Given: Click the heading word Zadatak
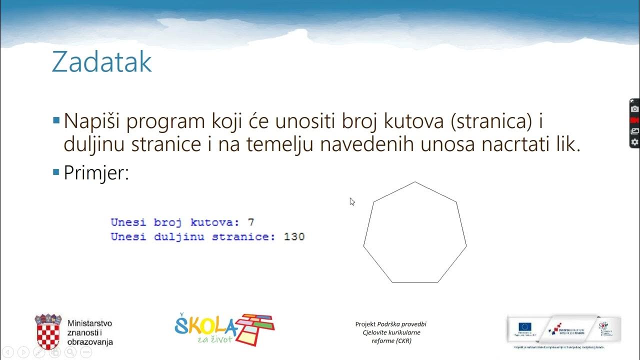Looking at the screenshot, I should point(101,62).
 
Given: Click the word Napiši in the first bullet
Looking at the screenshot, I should point(93,121).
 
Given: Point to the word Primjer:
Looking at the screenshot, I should point(96,173).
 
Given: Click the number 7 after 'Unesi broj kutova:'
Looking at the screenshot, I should point(251,222).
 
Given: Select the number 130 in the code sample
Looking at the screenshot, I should point(294,236).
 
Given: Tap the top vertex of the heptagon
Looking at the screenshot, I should point(415,182).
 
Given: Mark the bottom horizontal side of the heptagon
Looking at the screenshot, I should point(415,282).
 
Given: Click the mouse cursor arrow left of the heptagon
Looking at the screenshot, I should point(352,201).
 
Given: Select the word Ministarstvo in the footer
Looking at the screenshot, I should point(89,323).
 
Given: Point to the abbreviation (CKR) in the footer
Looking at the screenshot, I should point(402,341).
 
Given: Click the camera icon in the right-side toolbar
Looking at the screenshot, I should point(634,109).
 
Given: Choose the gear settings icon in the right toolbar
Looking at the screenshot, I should point(634,142).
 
